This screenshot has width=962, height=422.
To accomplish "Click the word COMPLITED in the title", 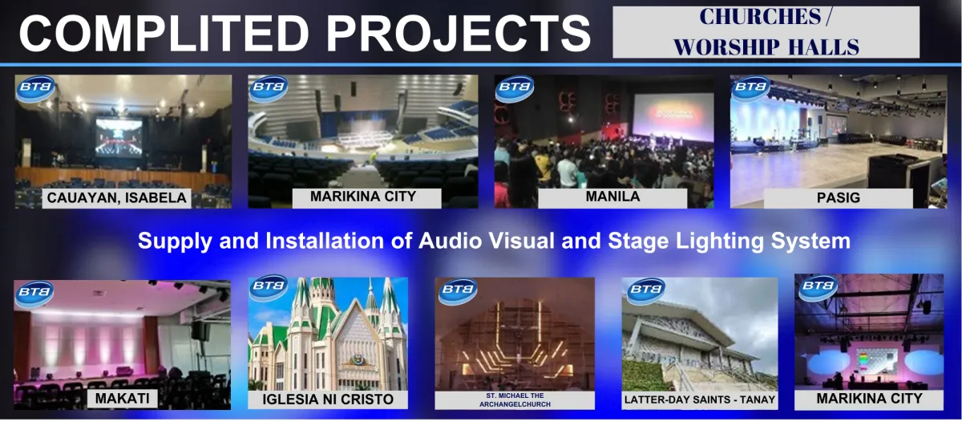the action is (164, 34).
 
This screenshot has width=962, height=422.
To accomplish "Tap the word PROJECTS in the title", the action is (459, 34).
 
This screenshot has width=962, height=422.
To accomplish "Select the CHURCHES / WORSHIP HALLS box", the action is (766, 32).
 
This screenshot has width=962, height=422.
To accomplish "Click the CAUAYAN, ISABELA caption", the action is (116, 197).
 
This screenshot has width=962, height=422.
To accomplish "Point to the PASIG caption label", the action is (839, 197).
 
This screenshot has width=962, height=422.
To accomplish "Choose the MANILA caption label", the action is (612, 197).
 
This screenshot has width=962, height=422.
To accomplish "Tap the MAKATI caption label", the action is (123, 399).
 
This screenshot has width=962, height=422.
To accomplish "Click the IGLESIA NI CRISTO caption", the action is (328, 400).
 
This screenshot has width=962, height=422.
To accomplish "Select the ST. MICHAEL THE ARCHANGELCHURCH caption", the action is (515, 400).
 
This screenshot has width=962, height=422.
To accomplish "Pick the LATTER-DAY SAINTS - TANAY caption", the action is (700, 400).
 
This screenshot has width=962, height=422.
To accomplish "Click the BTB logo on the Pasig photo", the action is (750, 88).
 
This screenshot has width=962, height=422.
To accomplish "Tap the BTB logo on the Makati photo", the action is (34, 294).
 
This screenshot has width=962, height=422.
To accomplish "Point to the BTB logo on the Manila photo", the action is (514, 88).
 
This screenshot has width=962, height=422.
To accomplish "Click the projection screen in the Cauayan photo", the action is (119, 137).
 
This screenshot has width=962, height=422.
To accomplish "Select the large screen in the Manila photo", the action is (673, 117).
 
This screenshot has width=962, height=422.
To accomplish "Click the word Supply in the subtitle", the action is (175, 241).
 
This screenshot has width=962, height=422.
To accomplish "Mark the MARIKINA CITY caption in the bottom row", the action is (869, 399).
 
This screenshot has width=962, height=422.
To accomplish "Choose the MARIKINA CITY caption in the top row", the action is (363, 197).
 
